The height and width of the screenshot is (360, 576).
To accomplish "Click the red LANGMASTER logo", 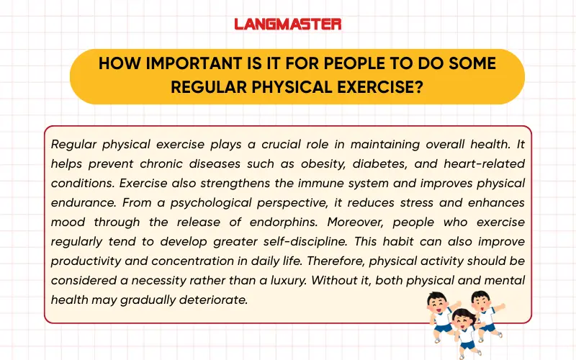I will click(x=288, y=24).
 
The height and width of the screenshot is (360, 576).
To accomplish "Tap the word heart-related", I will click(x=486, y=163).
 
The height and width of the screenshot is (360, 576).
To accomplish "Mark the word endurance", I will click(x=78, y=202).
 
